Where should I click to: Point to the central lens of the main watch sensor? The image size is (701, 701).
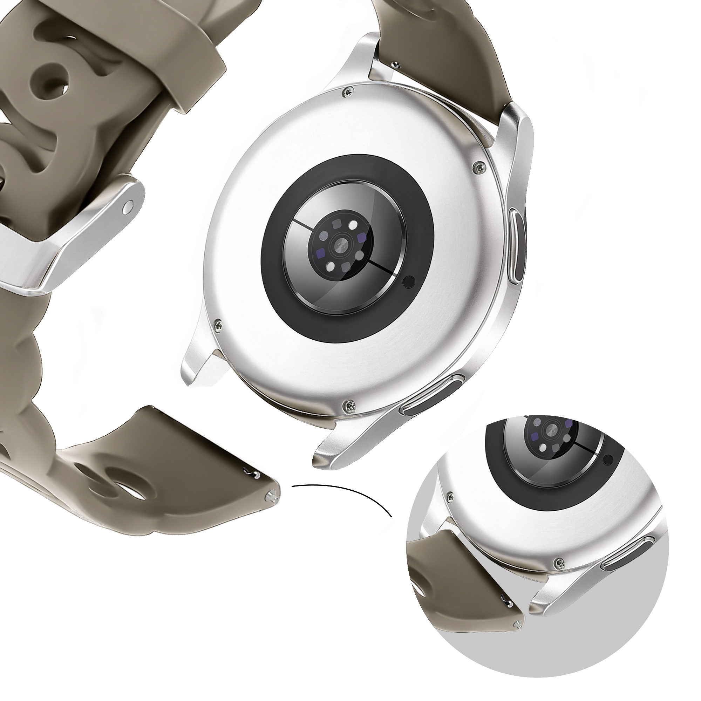click(341, 246)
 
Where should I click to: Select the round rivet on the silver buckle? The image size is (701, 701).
click(128, 207)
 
